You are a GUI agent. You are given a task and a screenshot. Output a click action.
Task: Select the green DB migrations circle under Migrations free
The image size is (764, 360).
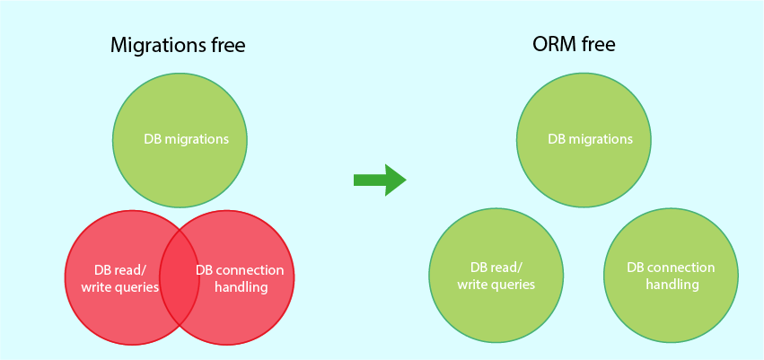click(x=180, y=139)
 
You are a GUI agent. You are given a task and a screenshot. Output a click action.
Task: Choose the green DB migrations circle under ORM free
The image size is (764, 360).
click(x=584, y=139)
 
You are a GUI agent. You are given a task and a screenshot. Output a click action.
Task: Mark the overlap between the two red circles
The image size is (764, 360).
click(x=180, y=278)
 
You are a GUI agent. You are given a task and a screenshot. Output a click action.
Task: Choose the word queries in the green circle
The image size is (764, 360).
click(x=513, y=285)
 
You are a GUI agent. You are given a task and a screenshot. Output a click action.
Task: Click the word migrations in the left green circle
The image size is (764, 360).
click(x=197, y=139)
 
